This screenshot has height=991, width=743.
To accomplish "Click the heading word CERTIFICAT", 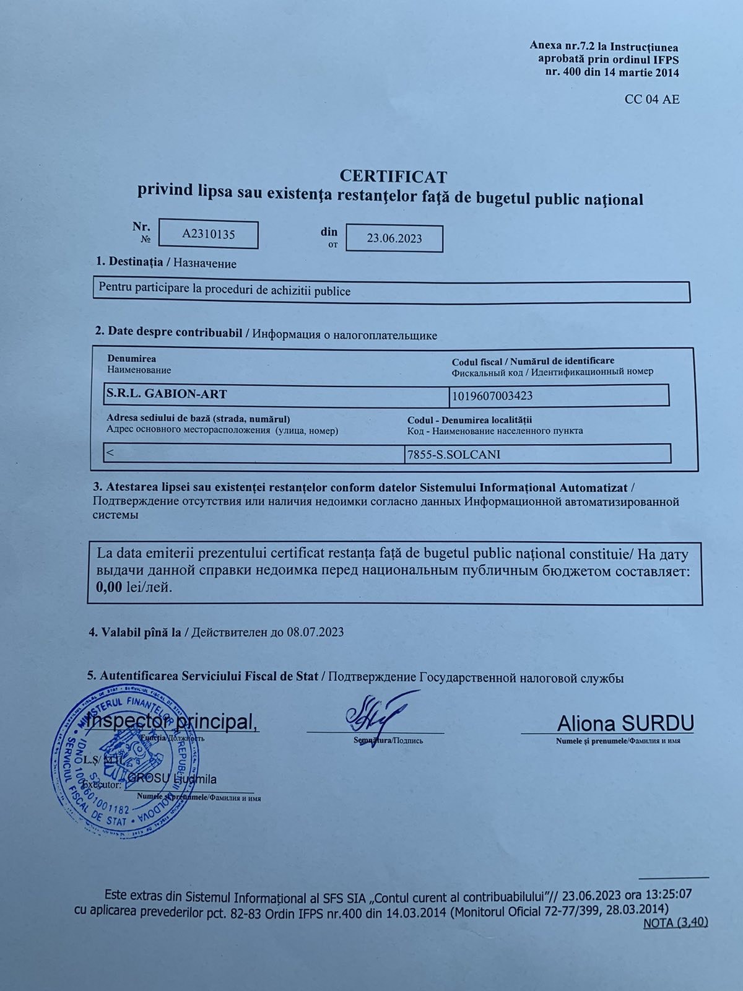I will coord(393,177).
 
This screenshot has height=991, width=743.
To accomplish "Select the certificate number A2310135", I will coord(209,235).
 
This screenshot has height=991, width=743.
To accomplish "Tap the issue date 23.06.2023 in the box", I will coord(394,238).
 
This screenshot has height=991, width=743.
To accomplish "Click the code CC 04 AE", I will coord(652,99).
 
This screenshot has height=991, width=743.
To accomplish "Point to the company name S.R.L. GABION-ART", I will coord(167,393).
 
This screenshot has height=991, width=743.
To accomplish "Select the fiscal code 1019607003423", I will coord(492,396).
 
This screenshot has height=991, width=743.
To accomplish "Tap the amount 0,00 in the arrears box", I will coord(109,587).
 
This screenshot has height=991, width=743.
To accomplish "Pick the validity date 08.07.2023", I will coord(316,632).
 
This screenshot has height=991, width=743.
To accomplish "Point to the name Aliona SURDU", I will coord(625,723).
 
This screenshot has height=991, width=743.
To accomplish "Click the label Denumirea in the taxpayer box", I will coord(131,359).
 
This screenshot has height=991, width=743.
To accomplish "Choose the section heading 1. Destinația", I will coord(129,262).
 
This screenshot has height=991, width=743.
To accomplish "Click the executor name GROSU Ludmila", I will coord(172,779).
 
